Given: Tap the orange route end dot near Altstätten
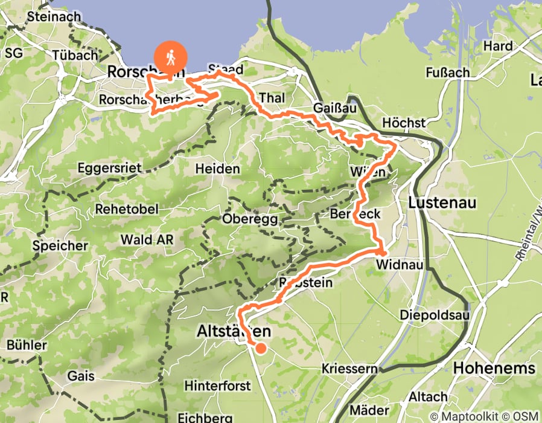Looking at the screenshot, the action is coord(261,347).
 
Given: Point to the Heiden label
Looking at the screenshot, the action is coord(218,169).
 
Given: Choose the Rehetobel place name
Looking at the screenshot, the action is coord(127,208).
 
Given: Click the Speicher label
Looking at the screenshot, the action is coord(60,246).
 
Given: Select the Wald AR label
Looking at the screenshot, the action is coord(147,239).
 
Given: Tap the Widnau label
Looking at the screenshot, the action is coord(396,265).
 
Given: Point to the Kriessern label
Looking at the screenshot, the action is coord(349,369).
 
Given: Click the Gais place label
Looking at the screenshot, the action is coord(81,376).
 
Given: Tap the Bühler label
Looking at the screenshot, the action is coord(27,345).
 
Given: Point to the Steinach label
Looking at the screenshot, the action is coord(54,17).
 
